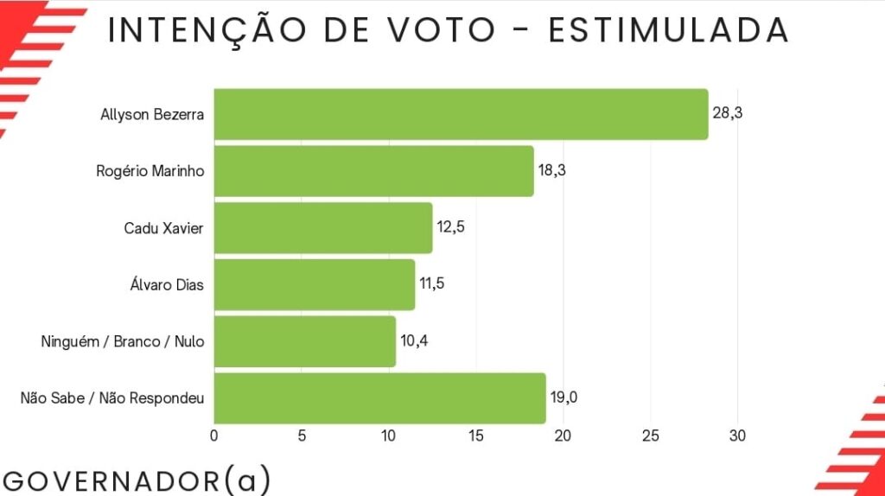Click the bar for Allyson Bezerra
461,114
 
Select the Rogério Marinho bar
373,171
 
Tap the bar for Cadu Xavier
322,228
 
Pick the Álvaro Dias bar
314,284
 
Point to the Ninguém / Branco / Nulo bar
304,341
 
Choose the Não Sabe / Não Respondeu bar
379,398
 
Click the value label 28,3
728,114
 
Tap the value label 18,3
553,171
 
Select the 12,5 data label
451,228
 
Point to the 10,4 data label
414,341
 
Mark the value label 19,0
565,398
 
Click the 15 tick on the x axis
475,436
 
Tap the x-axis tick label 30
737,436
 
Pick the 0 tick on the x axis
214,436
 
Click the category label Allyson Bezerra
152,114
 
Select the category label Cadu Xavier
164,228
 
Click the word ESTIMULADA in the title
668,30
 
